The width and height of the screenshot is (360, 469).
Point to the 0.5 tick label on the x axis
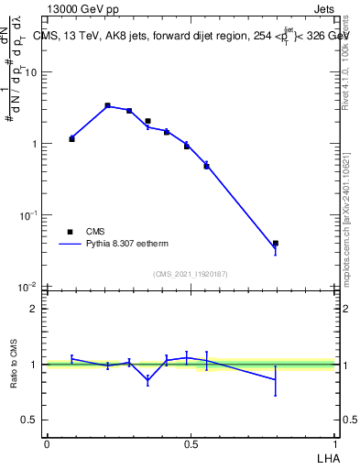(x=191, y=444)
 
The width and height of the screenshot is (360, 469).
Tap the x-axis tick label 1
(x=335, y=444)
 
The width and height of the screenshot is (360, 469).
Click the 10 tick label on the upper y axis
(x=31, y=72)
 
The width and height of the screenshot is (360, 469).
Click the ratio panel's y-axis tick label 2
(x=34, y=309)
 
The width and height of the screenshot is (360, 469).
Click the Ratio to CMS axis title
(x=15, y=364)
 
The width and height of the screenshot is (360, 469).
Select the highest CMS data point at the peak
(x=108, y=106)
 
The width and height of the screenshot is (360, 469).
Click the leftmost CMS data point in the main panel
(x=71, y=139)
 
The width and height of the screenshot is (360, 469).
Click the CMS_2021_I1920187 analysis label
(x=190, y=274)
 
